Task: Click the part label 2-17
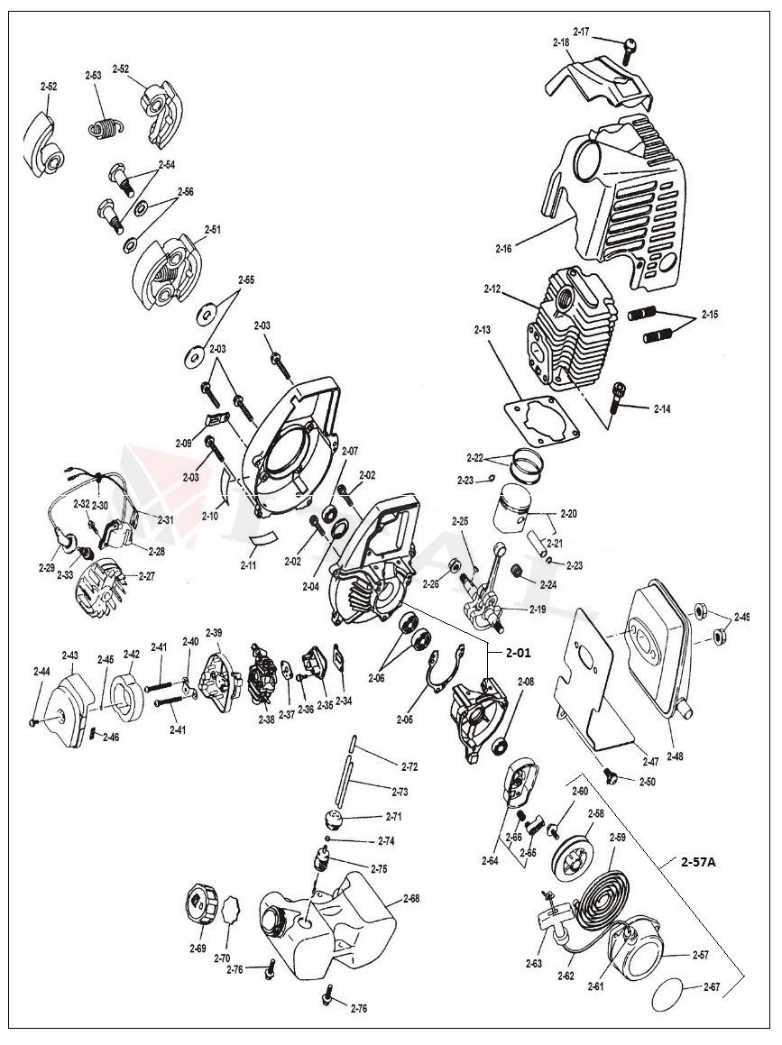coord(581,32)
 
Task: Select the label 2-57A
coord(698,862)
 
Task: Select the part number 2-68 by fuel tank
coord(410,898)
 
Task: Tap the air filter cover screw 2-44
coord(33,720)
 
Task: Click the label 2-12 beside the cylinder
coord(492,289)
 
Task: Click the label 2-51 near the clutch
coord(212,229)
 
